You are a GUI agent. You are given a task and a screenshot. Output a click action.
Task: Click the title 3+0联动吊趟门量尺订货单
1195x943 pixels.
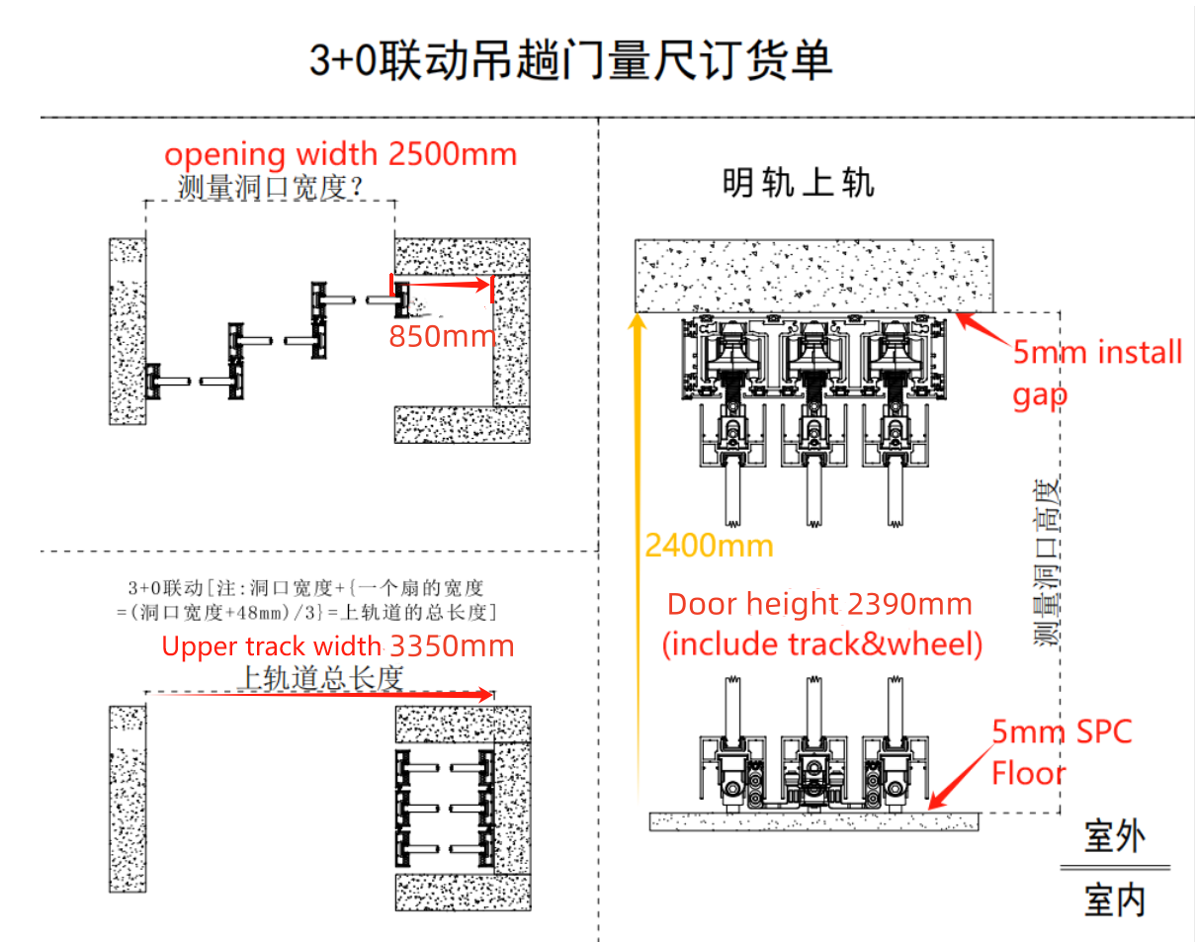(570, 60)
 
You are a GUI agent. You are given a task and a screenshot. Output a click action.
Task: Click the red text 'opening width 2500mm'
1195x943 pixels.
(340, 154)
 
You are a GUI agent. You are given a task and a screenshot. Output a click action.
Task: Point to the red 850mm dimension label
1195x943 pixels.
(442, 336)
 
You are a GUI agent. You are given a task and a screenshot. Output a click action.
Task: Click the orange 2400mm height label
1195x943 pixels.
(709, 545)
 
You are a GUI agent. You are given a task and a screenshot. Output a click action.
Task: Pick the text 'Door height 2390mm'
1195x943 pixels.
(819, 604)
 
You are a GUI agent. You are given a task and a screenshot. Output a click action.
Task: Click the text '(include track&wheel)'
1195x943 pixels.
(822, 644)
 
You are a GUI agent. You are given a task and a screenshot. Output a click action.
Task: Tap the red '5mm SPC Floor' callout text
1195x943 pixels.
(1062, 751)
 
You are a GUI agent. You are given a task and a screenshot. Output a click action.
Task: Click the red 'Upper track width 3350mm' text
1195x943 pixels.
(337, 646)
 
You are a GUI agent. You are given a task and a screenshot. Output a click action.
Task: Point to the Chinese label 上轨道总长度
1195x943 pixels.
(321, 677)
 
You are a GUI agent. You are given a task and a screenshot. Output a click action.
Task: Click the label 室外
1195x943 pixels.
(1115, 836)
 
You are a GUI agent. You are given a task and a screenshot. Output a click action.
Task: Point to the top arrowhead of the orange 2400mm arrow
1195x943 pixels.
(639, 321)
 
